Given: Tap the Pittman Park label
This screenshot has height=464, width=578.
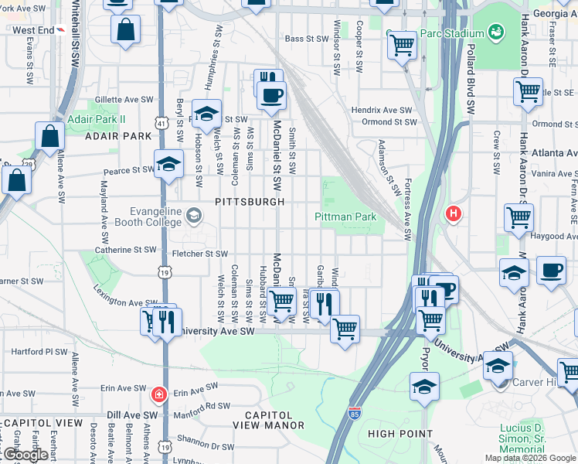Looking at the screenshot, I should pyautogui.click(x=345, y=217).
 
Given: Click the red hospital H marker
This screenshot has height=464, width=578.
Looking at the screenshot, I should pyautogui.click(x=454, y=213).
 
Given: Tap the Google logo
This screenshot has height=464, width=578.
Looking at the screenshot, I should pyautogui.click(x=25, y=455).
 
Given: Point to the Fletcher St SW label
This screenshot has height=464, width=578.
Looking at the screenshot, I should pyautogui.click(x=199, y=254).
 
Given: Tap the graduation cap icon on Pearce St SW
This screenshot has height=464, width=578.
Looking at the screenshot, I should pyautogui.click(x=168, y=164).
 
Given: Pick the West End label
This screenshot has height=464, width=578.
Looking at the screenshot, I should pyautogui.click(x=34, y=30).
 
